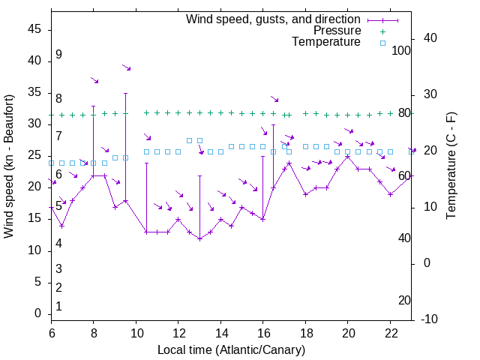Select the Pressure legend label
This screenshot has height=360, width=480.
[x=337, y=31]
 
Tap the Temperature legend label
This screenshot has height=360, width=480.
[x=326, y=43]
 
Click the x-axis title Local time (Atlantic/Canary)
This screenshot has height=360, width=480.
[x=232, y=350]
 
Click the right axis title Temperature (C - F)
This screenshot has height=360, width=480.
[x=451, y=166]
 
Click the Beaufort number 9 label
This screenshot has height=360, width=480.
[x=58, y=55]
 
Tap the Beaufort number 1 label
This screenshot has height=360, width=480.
[x=58, y=307]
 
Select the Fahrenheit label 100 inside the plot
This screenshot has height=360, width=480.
[x=401, y=51]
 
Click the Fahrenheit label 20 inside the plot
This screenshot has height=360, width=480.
[x=404, y=301]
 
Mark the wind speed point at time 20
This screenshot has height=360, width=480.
[x=348, y=156]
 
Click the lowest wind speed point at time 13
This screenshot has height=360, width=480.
[x=199, y=238]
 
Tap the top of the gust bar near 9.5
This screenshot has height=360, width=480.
[x=125, y=93]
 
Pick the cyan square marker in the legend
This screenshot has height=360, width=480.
[x=382, y=43]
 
